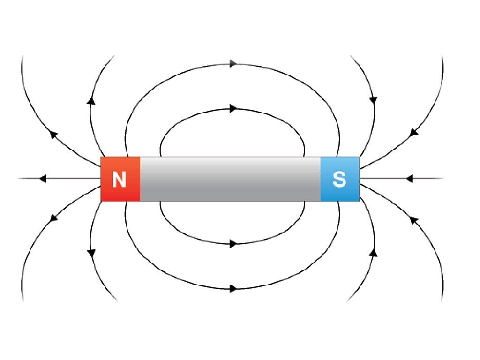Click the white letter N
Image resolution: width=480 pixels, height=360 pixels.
tap(119, 179)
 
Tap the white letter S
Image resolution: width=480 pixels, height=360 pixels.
tap(339, 179)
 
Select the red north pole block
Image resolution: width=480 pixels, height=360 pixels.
tap(120, 179)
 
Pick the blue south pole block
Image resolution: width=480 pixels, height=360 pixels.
tap(340, 179)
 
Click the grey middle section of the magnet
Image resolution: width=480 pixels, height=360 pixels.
tap(230, 179)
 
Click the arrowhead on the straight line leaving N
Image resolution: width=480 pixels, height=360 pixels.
tap(43, 178)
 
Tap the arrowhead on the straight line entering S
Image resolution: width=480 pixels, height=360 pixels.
tap(410, 178)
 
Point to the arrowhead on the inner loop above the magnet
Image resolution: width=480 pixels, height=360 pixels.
tap(233, 108)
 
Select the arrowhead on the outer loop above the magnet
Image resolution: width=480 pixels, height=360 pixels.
tap(233, 64)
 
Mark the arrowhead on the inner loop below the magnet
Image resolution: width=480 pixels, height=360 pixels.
tap(233, 244)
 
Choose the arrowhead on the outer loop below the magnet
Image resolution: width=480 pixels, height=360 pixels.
tap(233, 288)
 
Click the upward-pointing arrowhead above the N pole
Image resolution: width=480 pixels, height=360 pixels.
tap(90, 101)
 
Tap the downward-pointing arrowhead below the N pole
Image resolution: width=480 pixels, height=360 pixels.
tap(91, 253)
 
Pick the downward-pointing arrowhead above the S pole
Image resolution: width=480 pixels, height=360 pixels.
tap(374, 100)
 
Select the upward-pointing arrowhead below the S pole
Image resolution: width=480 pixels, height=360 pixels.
tap(374, 253)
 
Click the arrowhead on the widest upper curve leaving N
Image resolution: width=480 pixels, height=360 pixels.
tap(53, 135)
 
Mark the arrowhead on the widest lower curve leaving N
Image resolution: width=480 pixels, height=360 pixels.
tap(53, 218)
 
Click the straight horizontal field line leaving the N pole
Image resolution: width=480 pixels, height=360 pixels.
tap(60, 178)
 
